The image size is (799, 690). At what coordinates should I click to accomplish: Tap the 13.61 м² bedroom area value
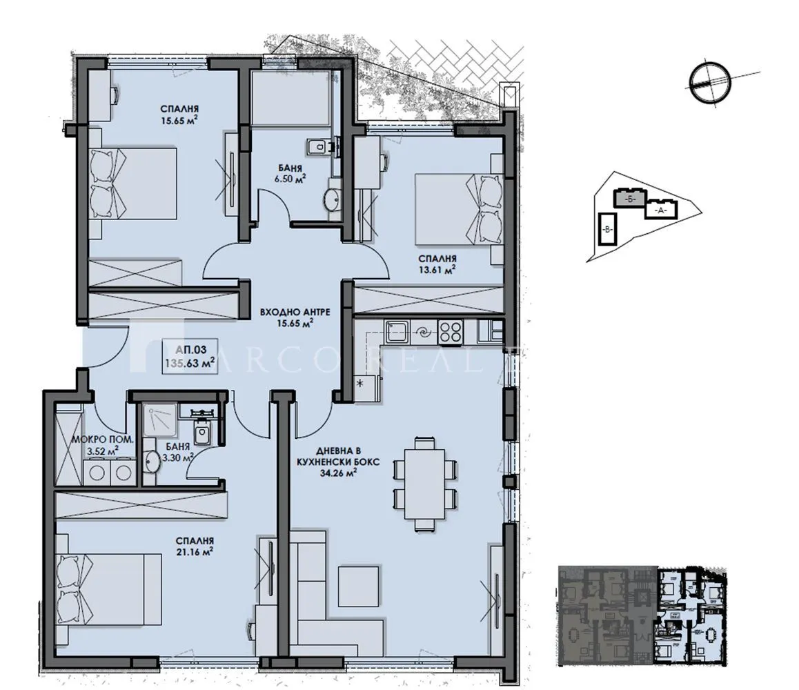(437, 270)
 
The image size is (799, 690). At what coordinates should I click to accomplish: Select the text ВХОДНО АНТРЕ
(295, 312)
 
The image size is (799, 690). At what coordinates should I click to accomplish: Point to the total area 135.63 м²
(188, 360)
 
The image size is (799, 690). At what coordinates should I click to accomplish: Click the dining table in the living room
(424, 483)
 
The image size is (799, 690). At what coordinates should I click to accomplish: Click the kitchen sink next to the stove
(398, 332)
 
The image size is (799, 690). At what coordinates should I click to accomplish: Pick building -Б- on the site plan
(628, 198)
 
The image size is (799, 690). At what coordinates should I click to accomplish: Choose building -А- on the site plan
(660, 209)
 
